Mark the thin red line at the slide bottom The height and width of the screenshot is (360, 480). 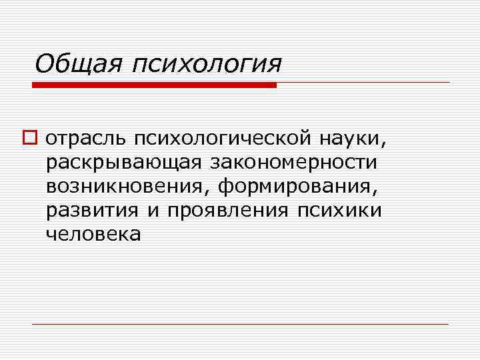(240, 324)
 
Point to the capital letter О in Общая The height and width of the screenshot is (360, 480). (45, 65)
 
